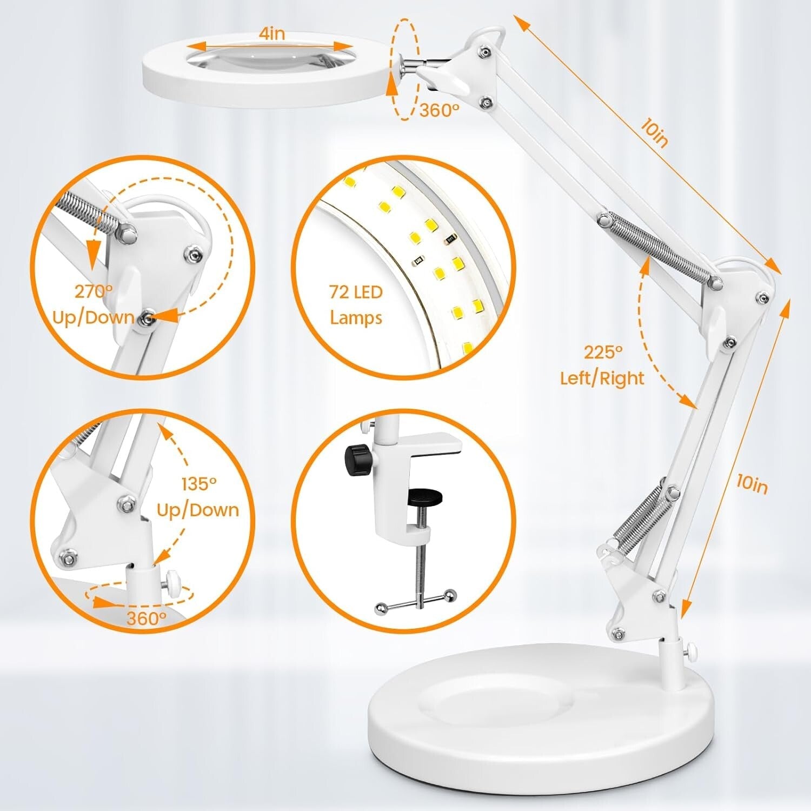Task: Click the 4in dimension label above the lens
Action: point(271,34)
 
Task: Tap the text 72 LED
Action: point(356,293)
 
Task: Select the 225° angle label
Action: point(603,353)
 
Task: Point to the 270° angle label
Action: point(94,292)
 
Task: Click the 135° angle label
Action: point(198,484)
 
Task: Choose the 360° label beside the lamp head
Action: point(439,110)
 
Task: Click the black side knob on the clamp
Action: point(355,460)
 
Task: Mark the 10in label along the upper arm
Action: point(654,132)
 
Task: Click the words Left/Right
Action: point(602,378)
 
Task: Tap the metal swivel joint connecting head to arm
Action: point(414,66)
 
